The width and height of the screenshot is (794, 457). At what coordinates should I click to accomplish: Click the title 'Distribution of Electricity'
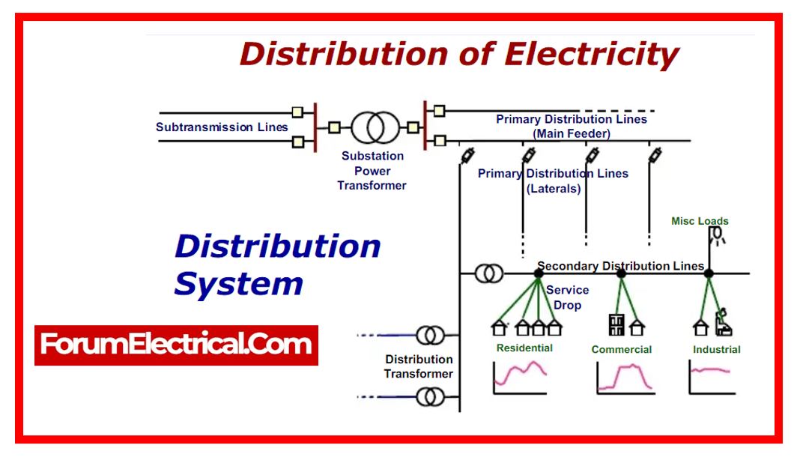[x=458, y=54]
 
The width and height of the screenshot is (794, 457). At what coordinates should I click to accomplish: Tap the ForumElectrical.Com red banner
[x=176, y=345]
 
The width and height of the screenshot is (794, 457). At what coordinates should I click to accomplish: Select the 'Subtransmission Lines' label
[x=222, y=127]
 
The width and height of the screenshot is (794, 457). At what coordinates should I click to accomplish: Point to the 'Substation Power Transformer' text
[x=372, y=171]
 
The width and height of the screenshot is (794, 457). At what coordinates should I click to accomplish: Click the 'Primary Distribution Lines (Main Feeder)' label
[x=572, y=126]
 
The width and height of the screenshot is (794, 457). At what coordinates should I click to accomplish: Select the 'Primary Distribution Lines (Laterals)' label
[x=553, y=181]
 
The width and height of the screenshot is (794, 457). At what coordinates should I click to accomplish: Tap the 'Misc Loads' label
[x=700, y=221]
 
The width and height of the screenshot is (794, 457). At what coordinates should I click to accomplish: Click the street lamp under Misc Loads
[x=717, y=235]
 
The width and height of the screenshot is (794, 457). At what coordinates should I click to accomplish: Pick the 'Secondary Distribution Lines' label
[x=620, y=266]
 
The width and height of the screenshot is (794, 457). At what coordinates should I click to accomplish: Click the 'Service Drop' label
[x=567, y=297]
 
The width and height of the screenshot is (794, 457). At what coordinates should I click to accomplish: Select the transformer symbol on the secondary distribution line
[x=489, y=274]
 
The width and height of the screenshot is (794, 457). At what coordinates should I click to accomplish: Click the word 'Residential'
[x=524, y=348]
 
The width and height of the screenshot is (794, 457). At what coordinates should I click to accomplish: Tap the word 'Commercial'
[x=621, y=349]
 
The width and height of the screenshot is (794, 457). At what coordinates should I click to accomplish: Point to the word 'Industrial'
[x=716, y=349]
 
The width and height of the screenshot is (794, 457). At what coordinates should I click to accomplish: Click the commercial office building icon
[x=616, y=325]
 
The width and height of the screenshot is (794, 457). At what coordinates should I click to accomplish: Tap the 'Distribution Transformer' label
[x=419, y=366]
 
